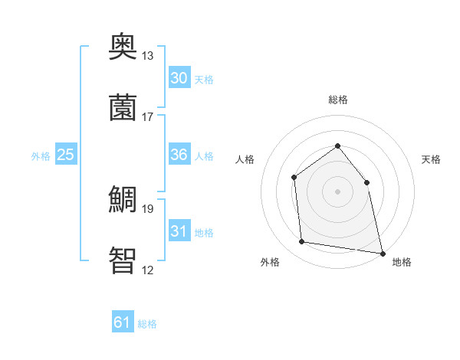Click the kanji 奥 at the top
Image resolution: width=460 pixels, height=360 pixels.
[123, 47]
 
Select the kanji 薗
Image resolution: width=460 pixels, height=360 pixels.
[123, 108]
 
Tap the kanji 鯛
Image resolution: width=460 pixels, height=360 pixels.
[123, 200]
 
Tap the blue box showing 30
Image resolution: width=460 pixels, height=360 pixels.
[179, 78]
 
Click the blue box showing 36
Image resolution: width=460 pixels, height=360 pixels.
[179, 155]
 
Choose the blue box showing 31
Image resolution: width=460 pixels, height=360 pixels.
[179, 231]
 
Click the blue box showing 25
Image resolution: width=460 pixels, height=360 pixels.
[66, 155]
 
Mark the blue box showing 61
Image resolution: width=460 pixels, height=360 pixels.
[123, 322]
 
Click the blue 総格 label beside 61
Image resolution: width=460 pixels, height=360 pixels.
[147, 324]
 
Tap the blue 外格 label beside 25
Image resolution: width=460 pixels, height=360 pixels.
[41, 156]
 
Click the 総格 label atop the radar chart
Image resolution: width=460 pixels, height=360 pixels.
[337, 100]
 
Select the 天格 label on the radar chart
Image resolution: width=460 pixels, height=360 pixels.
[431, 159]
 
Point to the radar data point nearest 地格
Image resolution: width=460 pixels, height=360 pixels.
[382, 253]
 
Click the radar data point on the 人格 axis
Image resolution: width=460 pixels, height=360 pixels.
[294, 178]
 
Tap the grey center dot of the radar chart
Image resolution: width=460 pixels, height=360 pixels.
[337, 191]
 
